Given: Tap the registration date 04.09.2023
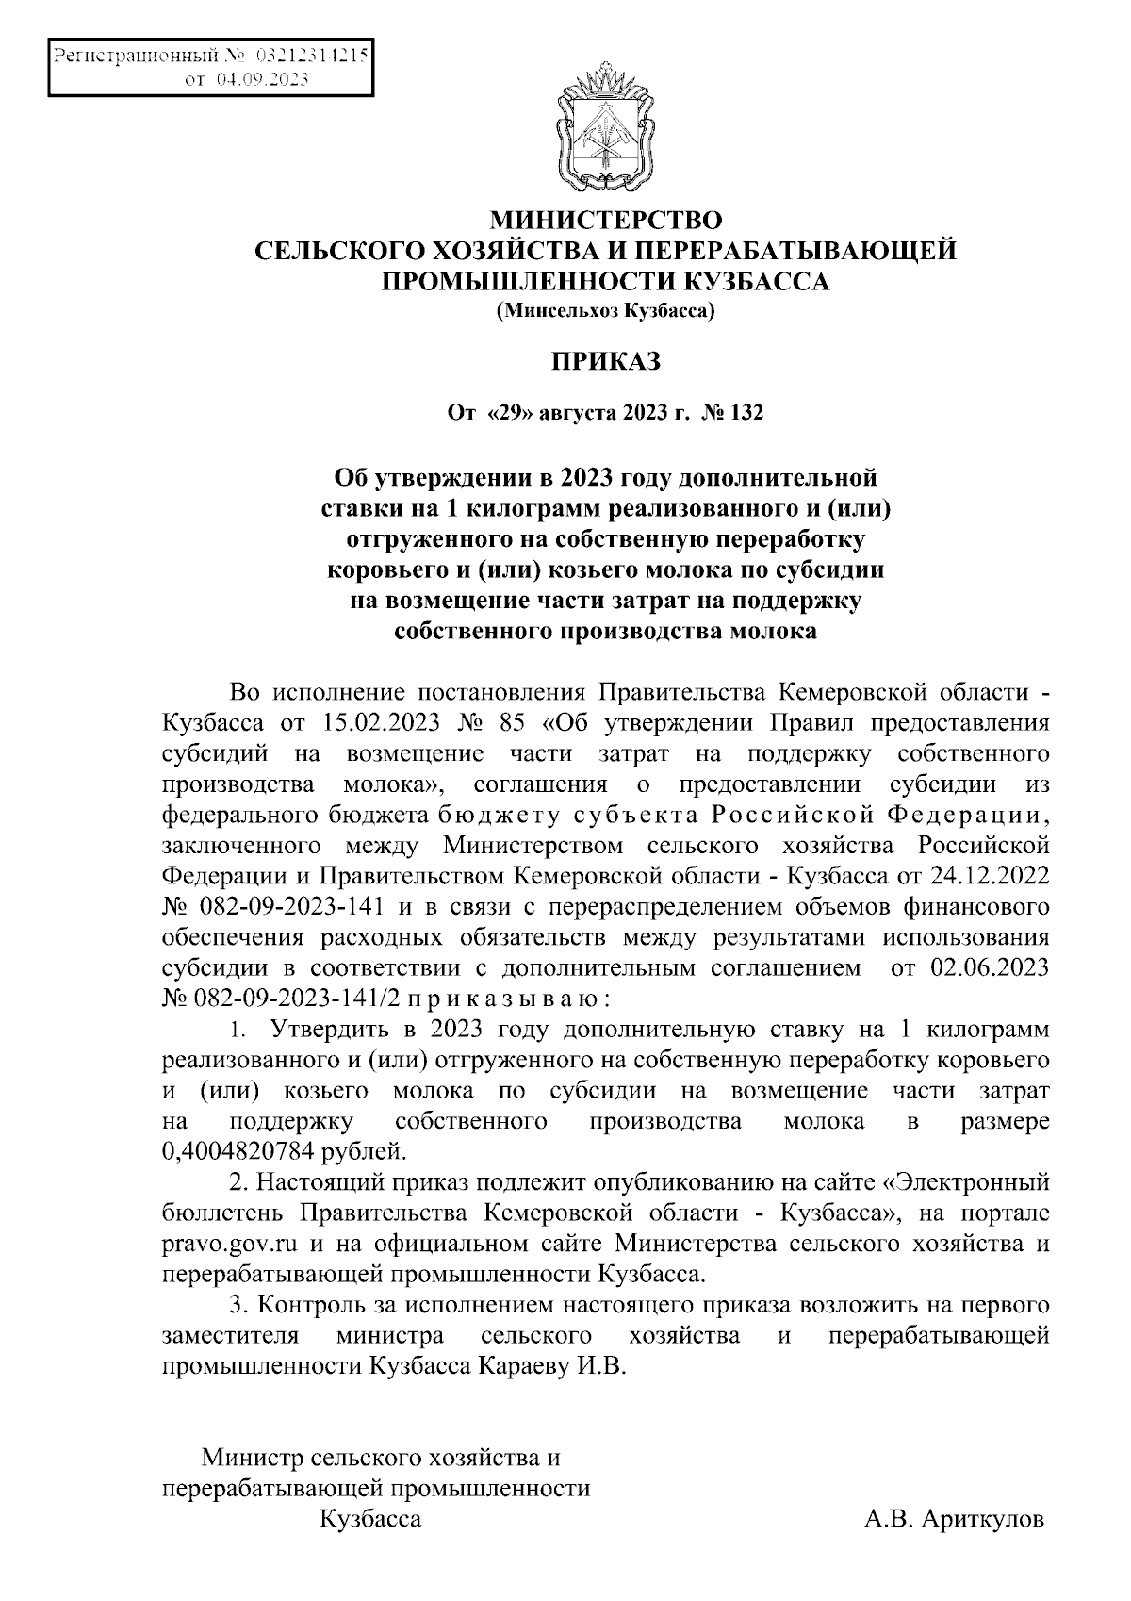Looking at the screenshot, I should tap(263, 80).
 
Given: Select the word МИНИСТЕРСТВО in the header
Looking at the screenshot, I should tap(607, 221).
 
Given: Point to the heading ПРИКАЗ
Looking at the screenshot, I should tap(607, 361).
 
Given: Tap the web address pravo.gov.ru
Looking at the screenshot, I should tap(224, 1244).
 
